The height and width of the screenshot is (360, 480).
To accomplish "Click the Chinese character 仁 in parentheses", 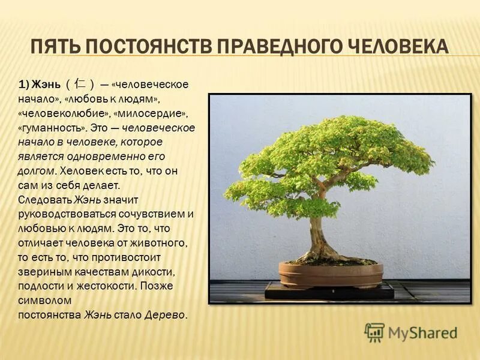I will click(x=80, y=85).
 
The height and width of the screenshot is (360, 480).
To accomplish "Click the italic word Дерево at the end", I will click(x=166, y=314).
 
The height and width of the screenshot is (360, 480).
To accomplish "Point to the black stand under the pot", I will click(x=330, y=293).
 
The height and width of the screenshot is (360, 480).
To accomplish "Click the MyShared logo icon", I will click(x=374, y=332).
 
